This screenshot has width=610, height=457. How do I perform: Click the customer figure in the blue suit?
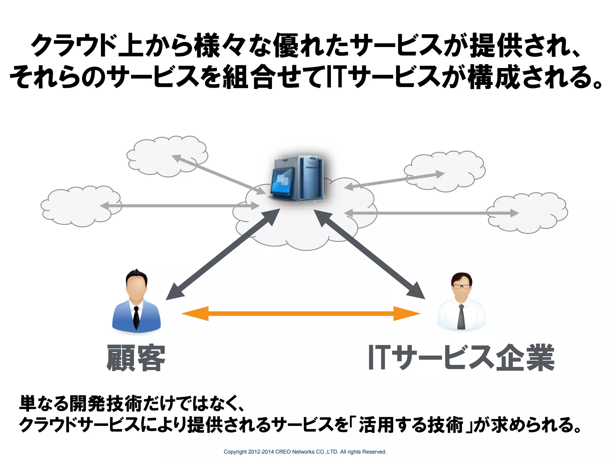136,303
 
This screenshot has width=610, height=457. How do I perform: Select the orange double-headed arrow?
301,313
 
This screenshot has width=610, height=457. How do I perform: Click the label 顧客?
136,358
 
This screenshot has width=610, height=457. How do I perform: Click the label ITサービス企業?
461,358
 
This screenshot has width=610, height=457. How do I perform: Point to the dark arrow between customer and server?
223,254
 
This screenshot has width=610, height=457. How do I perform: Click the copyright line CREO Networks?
305,452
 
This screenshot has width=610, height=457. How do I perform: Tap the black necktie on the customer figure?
136,317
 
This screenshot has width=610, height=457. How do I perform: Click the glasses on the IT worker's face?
461,287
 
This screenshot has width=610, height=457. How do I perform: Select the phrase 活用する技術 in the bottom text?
411,425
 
